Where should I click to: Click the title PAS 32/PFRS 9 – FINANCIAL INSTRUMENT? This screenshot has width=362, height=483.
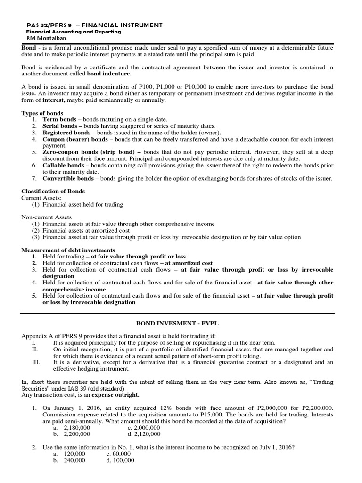point(94,25)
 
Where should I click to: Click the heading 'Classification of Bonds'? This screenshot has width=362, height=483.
point(53,191)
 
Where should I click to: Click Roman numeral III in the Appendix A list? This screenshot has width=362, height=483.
point(34,362)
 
